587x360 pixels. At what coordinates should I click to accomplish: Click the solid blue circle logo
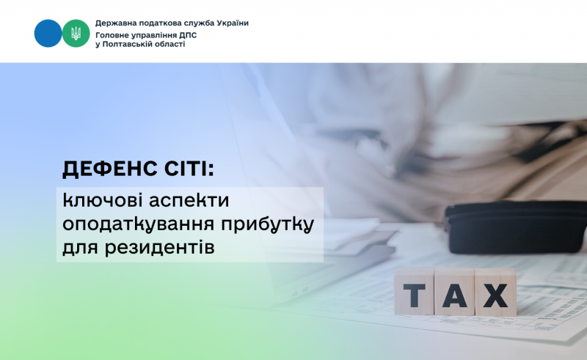point(48,33)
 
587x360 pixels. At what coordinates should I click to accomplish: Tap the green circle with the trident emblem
point(76,33)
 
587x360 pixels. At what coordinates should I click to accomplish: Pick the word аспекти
point(189,202)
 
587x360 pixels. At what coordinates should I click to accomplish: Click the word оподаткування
point(139,225)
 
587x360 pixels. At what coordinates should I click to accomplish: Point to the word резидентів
point(159,248)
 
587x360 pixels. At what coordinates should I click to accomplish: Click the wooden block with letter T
point(414,292)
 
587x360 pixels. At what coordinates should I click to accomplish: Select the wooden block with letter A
point(454,293)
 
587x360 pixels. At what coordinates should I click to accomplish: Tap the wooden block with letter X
point(496,293)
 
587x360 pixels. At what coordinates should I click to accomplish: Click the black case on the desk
point(516,227)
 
